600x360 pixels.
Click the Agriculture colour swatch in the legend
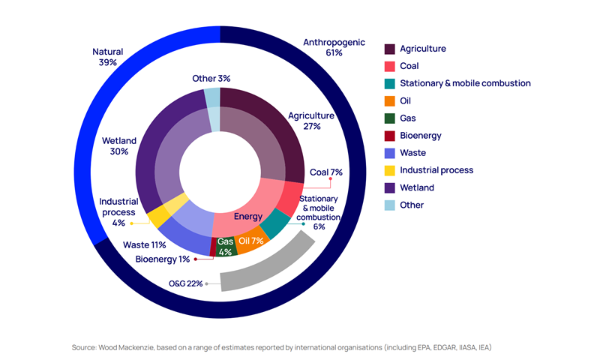point(390,49)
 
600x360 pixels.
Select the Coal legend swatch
point(390,66)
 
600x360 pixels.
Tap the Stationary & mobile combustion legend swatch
point(390,83)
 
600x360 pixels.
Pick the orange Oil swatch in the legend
point(390,100)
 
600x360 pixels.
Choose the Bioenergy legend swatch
point(390,136)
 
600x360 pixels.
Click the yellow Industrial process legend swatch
point(390,170)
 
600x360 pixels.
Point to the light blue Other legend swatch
point(390,205)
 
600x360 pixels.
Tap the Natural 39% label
point(107,57)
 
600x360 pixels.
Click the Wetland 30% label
point(114,145)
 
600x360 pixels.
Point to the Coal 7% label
point(326,172)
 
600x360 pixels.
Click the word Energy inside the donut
point(247,217)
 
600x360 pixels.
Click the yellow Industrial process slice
point(160,216)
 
